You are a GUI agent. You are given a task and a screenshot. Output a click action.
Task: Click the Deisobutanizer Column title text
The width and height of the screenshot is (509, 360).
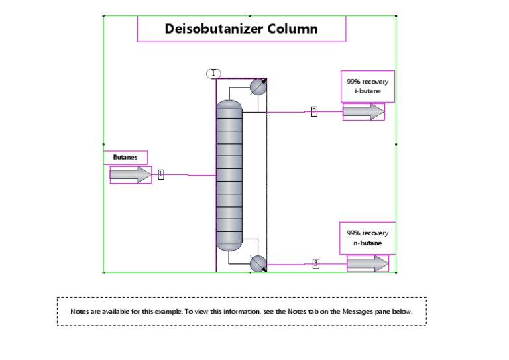point(241,29)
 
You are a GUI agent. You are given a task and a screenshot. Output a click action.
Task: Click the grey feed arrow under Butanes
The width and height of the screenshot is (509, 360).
point(131,174)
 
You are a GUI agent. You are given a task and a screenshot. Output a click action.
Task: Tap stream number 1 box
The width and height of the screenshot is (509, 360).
point(160,174)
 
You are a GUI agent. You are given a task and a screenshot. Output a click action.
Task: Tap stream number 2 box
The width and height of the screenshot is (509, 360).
point(314,111)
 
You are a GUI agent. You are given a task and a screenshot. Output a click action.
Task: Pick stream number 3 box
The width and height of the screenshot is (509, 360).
point(315,263)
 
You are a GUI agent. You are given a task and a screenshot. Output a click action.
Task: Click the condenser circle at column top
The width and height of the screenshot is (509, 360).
point(258,86)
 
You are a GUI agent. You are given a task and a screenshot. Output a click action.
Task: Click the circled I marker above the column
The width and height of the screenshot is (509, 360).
point(213,73)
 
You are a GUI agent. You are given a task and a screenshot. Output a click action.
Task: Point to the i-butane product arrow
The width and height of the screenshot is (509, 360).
point(363,112)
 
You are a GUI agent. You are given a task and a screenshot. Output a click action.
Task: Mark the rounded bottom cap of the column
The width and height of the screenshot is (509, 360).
point(229,246)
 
